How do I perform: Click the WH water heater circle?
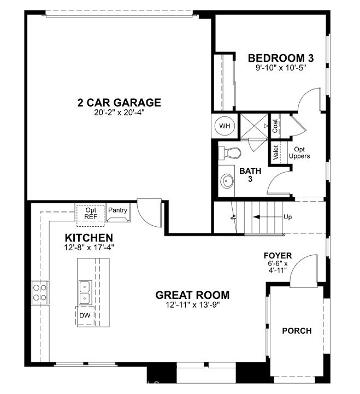pyautogui.click(x=225, y=126)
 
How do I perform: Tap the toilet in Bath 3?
pyautogui.click(x=229, y=153)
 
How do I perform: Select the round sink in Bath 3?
pyautogui.click(x=227, y=180)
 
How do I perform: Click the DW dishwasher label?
pyautogui.click(x=85, y=315)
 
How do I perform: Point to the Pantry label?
pyautogui.click(x=117, y=210)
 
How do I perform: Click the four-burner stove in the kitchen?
pyautogui.click(x=40, y=292)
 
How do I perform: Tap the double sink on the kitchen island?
pyautogui.click(x=85, y=293)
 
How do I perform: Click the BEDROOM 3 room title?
pyautogui.click(x=281, y=58)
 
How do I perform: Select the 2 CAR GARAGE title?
pyautogui.click(x=119, y=103)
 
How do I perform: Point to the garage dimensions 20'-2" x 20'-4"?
pyautogui.click(x=119, y=113)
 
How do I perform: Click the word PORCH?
pyautogui.click(x=297, y=331)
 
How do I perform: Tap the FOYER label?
pyautogui.click(x=278, y=256)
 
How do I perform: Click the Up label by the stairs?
pyautogui.click(x=288, y=217)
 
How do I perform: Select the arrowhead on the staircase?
pyautogui.click(x=257, y=216)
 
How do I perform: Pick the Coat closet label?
pyautogui.click(x=275, y=126)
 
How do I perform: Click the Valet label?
pyautogui.click(x=275, y=152)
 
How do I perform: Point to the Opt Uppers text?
pyautogui.click(x=299, y=153)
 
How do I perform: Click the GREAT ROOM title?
pyautogui.click(x=192, y=295)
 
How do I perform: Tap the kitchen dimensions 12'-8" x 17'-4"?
pyautogui.click(x=89, y=248)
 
